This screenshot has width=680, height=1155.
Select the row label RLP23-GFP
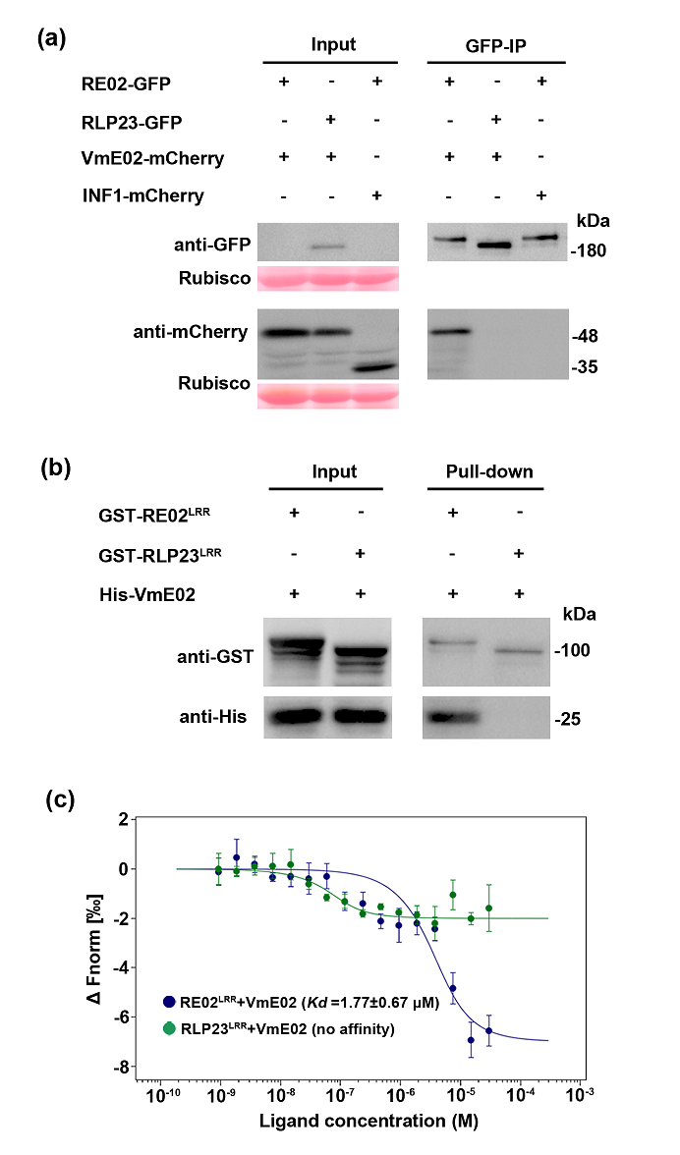[132, 122]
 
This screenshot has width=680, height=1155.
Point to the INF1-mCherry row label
[143, 195]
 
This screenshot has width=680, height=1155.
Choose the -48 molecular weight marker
[588, 336]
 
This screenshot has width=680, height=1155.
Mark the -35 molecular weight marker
[588, 367]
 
